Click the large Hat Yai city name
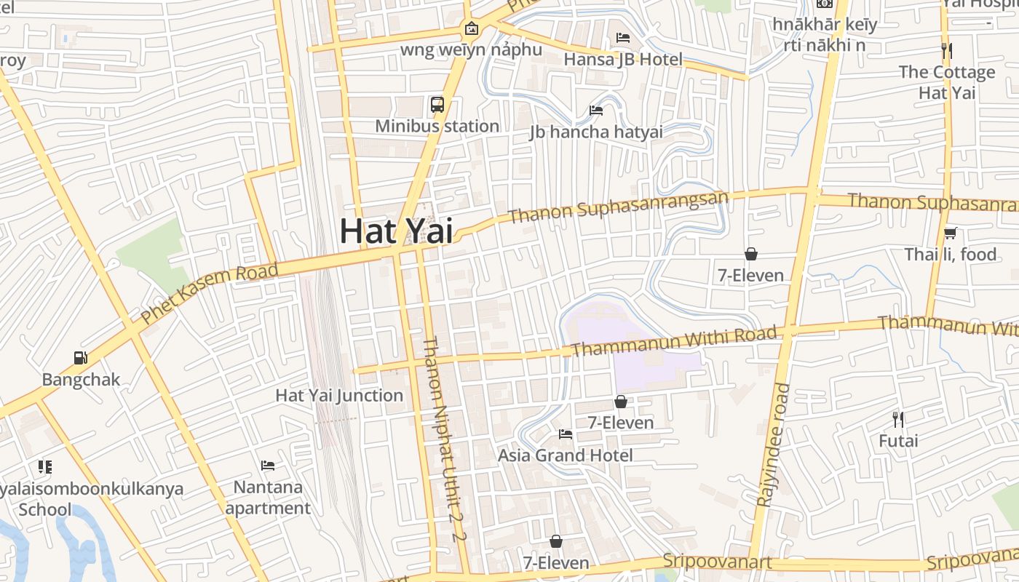pyautogui.click(x=396, y=231)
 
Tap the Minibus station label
pyautogui.click(x=437, y=126)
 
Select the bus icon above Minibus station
pyautogui.click(x=437, y=104)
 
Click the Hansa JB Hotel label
pyautogui.click(x=623, y=60)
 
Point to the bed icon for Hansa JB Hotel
pyautogui.click(x=623, y=38)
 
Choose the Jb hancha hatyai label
pyautogui.click(x=596, y=132)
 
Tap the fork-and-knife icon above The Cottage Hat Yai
pyautogui.click(x=946, y=51)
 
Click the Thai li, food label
pyautogui.click(x=950, y=255)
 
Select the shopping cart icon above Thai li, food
pyautogui.click(x=950, y=234)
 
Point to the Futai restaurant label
pyautogui.click(x=898, y=441)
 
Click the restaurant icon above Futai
pyautogui.click(x=898, y=420)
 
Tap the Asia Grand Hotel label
pyautogui.click(x=565, y=455)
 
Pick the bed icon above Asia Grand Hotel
pyautogui.click(x=565, y=434)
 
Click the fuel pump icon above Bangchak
pyautogui.click(x=81, y=358)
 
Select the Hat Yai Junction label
pyautogui.click(x=338, y=396)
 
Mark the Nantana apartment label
pyautogui.click(x=268, y=497)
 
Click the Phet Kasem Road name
pyautogui.click(x=209, y=294)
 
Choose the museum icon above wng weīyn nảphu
pyautogui.click(x=472, y=29)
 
